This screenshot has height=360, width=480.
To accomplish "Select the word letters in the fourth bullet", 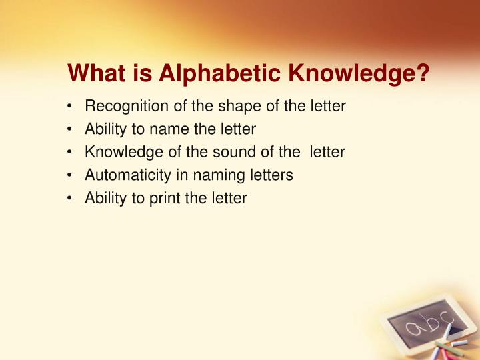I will click(x=268, y=175).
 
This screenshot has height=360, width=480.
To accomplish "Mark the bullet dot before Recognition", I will click(x=71, y=106).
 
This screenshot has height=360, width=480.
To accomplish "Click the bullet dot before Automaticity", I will click(x=71, y=175).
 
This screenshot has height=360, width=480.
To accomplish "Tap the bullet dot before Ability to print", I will click(x=71, y=199).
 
